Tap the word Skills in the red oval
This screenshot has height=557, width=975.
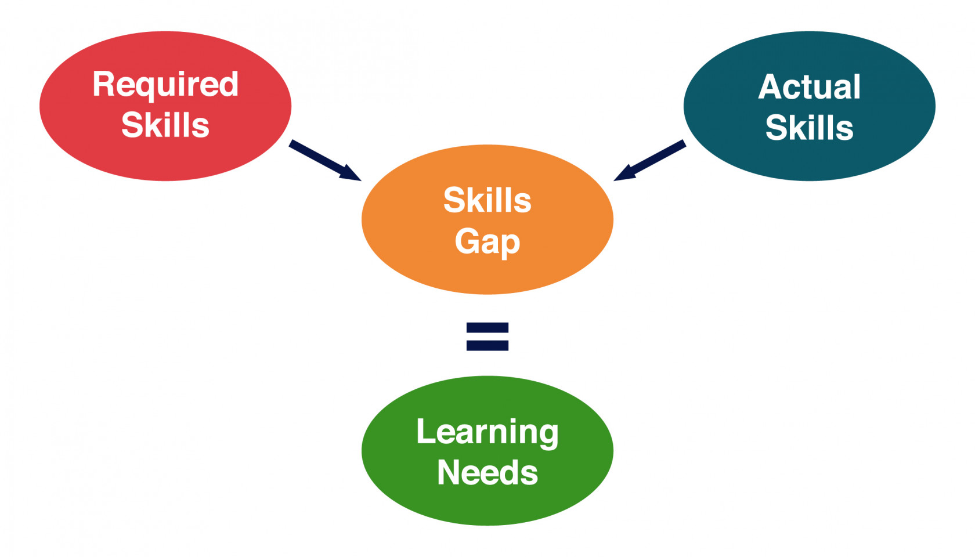165,125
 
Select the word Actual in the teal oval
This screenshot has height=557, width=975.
810,86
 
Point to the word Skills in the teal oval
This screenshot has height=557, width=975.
810,128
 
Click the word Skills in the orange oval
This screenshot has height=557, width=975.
488,200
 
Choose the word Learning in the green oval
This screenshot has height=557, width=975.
488,433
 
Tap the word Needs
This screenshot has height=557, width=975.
488,472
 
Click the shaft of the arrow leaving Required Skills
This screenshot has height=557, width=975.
317,157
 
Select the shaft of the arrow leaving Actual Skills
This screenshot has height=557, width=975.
658,157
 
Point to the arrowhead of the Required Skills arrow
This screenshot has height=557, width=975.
350,173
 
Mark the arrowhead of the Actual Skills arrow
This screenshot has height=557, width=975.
625,173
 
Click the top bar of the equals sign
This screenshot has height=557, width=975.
488,327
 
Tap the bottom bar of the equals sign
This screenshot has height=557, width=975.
488,345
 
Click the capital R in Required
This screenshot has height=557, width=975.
103,84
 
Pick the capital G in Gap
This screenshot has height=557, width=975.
467,241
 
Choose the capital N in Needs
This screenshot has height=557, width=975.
448,472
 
